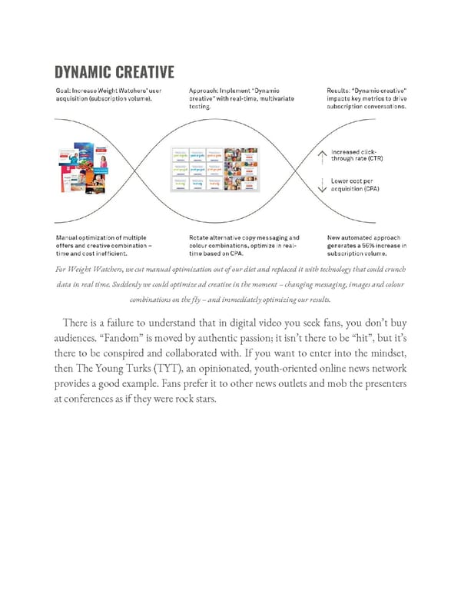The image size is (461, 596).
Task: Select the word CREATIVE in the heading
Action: [145, 73]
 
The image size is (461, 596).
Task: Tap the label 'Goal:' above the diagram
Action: [65, 91]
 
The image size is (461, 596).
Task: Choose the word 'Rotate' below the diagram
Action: [200, 238]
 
